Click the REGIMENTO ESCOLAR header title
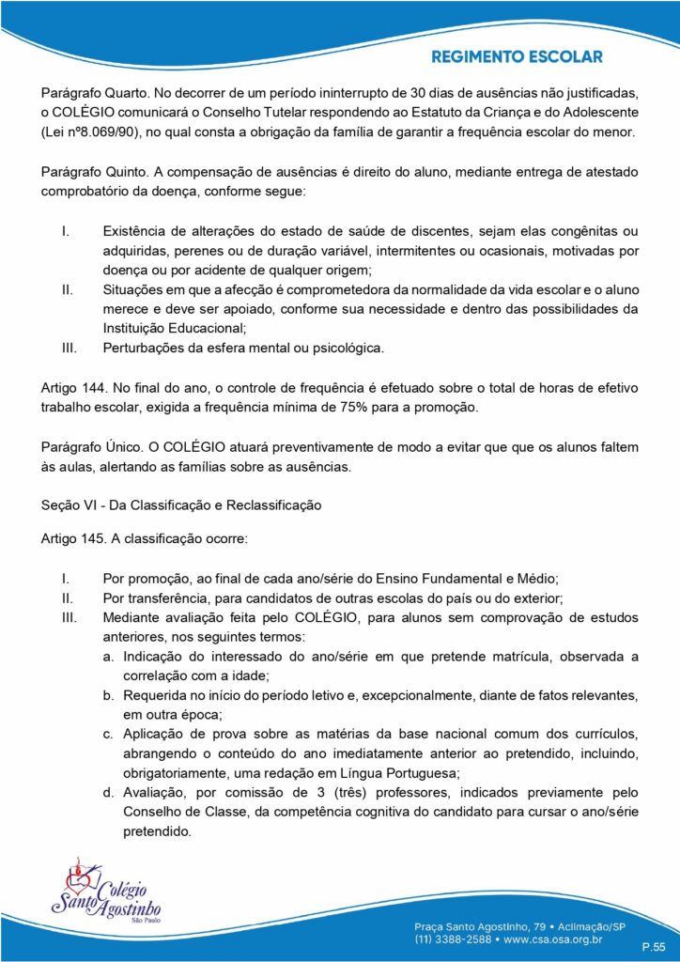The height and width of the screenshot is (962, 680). pos(517,57)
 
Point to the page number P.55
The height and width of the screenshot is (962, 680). pos(653,945)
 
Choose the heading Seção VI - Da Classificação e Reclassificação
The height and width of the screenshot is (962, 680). pos(181,505)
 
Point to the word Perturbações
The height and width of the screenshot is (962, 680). pos(145,348)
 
